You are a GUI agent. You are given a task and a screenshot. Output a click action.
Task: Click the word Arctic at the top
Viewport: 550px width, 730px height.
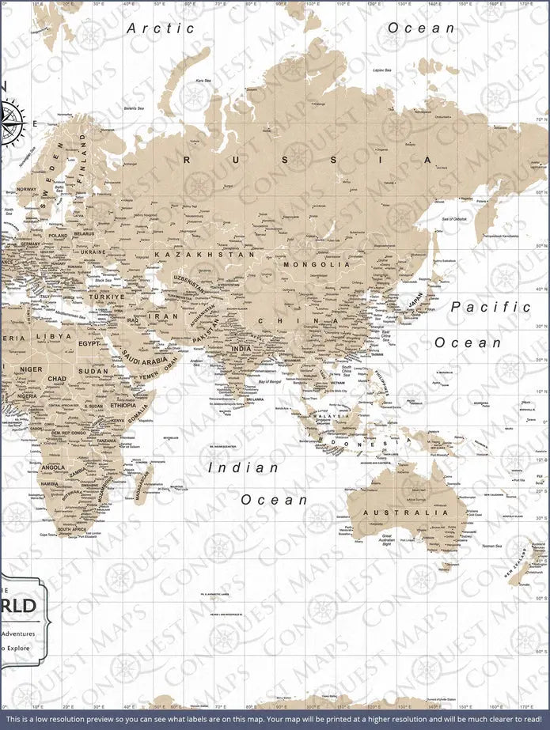tap(161, 28)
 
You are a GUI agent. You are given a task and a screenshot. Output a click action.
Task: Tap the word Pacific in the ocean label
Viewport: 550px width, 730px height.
tap(491, 307)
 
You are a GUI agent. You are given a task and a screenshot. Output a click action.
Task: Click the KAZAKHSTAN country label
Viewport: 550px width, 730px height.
tap(205, 255)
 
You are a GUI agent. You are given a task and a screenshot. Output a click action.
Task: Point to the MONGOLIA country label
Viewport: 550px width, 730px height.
tap(316, 265)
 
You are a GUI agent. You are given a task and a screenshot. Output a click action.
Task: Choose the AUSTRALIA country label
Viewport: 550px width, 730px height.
tap(405, 513)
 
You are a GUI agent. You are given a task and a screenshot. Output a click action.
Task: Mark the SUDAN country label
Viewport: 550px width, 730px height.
tap(93, 371)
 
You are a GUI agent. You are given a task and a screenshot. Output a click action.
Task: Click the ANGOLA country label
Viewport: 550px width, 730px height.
tap(53, 467)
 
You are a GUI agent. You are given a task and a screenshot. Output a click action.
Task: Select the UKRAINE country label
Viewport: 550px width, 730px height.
tap(93, 252)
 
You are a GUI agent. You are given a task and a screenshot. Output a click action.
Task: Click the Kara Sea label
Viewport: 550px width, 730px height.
tap(203, 81)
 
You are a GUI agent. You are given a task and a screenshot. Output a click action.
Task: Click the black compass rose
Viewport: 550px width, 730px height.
tap(11, 123)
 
